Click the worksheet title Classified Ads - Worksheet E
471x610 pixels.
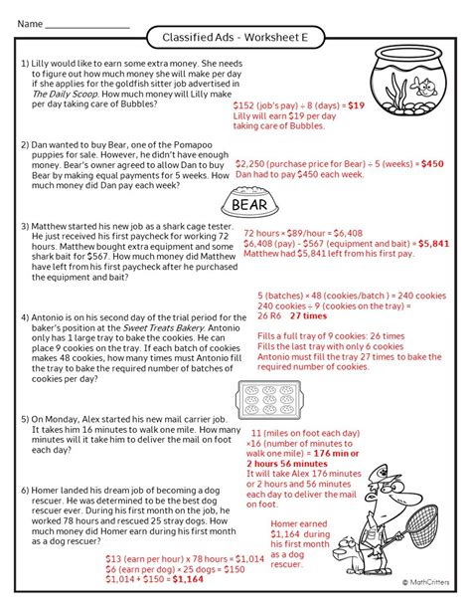235,38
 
